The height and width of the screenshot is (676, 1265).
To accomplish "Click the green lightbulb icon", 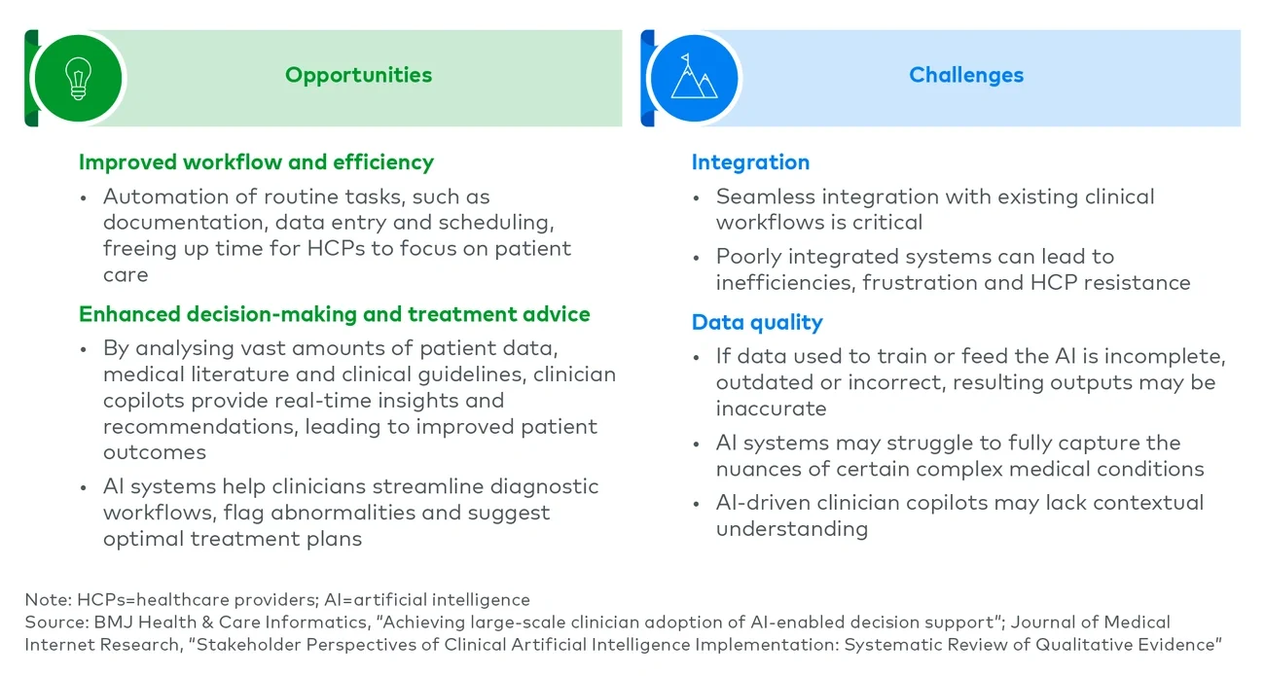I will [x=78, y=77].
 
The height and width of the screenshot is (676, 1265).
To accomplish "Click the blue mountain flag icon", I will [x=694, y=77].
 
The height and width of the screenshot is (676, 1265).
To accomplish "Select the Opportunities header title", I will [x=358, y=75].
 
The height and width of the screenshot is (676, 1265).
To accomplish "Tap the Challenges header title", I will [x=965, y=75].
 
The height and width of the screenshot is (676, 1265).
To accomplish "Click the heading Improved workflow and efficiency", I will [x=256, y=162].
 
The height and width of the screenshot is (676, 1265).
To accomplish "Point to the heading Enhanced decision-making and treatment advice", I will [x=334, y=314].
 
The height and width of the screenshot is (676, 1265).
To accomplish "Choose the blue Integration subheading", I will [x=749, y=162].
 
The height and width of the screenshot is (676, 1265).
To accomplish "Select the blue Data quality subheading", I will [x=756, y=322].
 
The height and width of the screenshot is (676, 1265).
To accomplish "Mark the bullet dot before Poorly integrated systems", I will [x=697, y=258].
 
